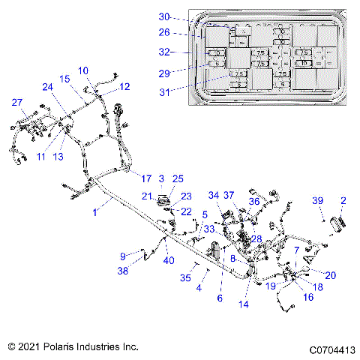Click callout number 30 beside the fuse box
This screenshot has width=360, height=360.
(164, 16)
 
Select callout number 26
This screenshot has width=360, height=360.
(164, 33)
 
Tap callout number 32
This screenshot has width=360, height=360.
(164, 52)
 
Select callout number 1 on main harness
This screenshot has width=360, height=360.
(94, 213)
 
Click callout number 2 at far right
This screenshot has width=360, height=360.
(343, 200)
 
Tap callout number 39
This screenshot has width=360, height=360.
(318, 200)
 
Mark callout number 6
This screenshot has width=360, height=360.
(220, 298)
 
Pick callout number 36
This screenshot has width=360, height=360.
(254, 201)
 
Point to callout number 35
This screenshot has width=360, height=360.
(187, 277)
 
